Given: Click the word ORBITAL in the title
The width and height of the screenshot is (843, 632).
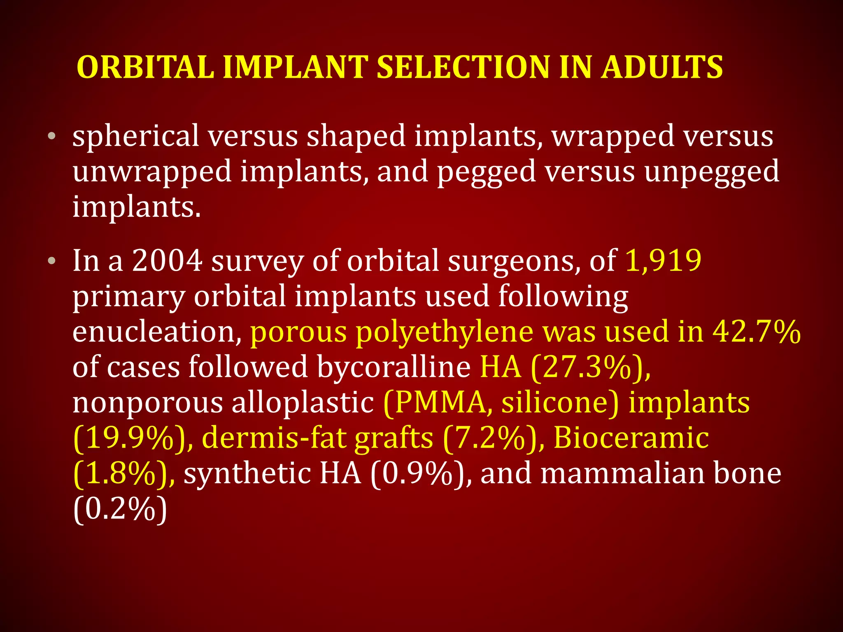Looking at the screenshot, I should pos(145,67).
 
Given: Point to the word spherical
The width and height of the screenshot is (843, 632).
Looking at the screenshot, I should pos(136,137).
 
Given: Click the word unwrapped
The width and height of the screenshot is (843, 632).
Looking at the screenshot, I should pos(152,172).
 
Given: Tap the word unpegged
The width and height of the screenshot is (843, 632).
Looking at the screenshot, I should pos(712,172).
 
